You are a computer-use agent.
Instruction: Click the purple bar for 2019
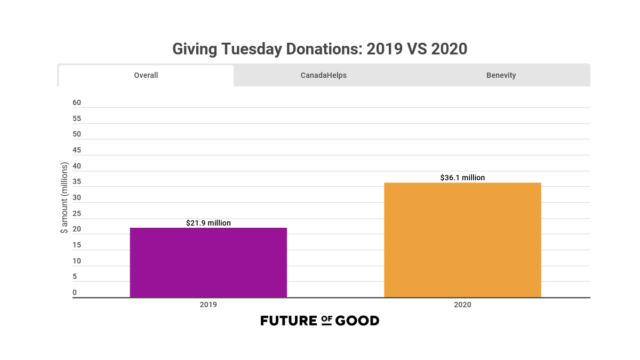(x=208, y=262)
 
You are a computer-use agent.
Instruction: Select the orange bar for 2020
(x=462, y=240)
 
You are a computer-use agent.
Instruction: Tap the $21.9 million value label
(x=209, y=223)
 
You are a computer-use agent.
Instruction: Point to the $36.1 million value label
(x=462, y=178)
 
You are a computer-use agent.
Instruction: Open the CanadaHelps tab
(x=323, y=75)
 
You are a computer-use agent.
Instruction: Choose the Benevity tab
(x=501, y=75)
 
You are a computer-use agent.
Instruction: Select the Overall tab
(x=146, y=75)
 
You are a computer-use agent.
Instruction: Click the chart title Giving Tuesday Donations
(x=319, y=49)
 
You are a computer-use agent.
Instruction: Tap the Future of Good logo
(x=319, y=321)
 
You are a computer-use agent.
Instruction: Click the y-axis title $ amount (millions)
(x=64, y=198)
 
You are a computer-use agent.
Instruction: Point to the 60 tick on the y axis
(x=77, y=102)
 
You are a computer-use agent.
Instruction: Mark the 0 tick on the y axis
(x=75, y=292)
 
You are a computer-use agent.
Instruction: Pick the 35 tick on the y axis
(x=77, y=181)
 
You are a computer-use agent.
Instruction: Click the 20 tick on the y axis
(x=77, y=229)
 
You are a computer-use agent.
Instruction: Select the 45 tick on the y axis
(x=77, y=150)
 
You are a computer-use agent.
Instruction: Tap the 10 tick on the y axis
(x=77, y=261)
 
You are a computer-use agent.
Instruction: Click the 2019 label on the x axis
(x=208, y=305)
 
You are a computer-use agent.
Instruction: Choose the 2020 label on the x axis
(x=462, y=305)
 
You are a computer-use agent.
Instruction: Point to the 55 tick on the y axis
(x=77, y=118)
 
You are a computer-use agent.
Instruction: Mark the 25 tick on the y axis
(x=77, y=213)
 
